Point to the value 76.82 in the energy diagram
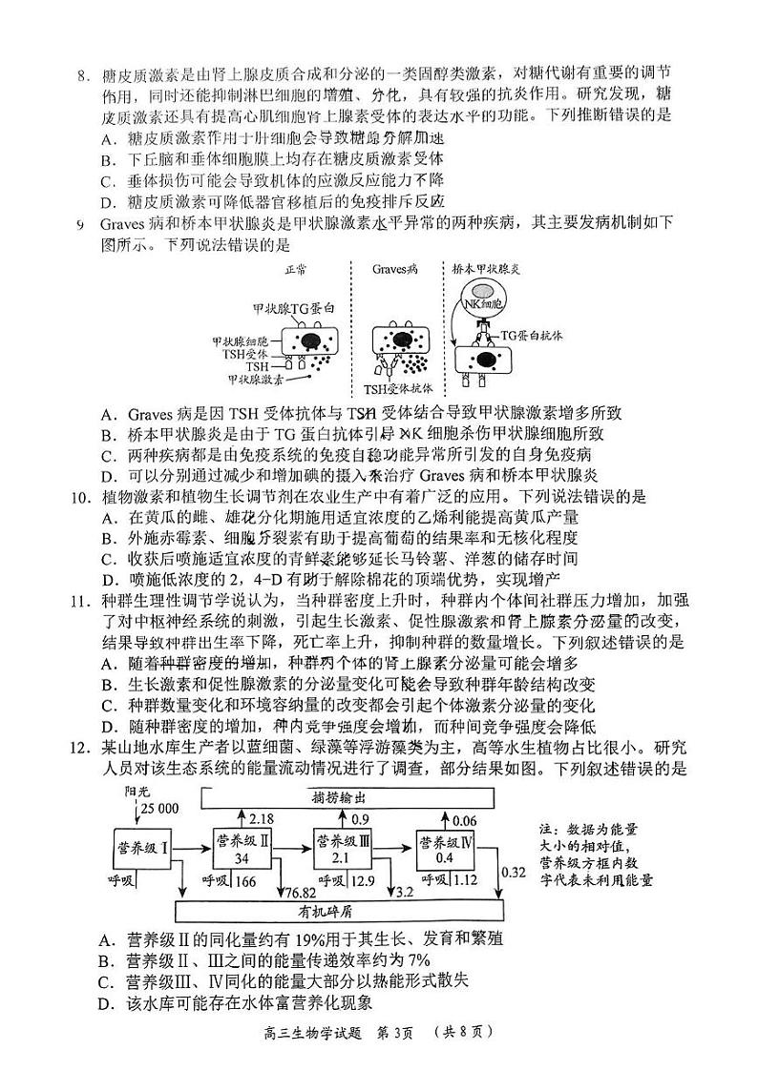(298, 891)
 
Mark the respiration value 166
(245, 880)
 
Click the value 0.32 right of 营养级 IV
(513, 870)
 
